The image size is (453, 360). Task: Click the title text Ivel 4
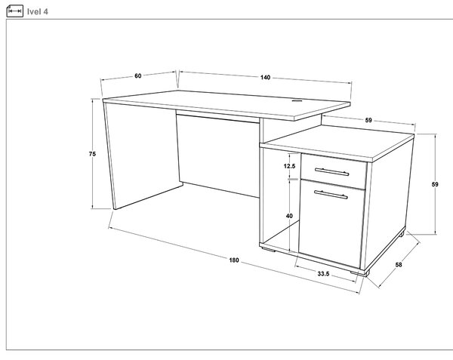coord(38,11)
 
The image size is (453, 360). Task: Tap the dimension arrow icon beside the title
coord(15,11)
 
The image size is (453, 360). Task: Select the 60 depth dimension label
coord(138,75)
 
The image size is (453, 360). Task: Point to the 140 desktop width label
coord(265,78)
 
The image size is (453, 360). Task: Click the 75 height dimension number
coord(92,154)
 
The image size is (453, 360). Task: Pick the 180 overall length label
coord(234,260)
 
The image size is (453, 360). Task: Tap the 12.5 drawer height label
coord(289,166)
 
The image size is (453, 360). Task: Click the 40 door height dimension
coord(289,216)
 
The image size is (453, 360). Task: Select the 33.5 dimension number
coord(323,274)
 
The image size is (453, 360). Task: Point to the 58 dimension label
coord(399,264)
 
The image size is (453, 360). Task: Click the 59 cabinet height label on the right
coord(435,184)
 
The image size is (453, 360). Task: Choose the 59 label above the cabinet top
coord(368,120)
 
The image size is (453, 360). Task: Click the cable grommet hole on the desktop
coord(297,100)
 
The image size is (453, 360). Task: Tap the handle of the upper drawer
coord(331,172)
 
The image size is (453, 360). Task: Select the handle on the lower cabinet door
coord(331,195)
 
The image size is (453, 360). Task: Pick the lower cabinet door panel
coord(331,223)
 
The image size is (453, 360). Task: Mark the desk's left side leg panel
coord(142,156)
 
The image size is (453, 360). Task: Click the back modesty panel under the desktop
coord(218,156)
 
